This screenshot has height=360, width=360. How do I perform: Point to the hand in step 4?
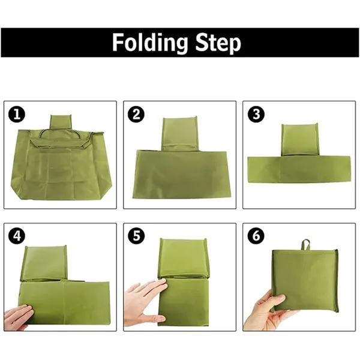coord(18,315)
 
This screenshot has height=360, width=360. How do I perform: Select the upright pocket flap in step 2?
coord(180,133)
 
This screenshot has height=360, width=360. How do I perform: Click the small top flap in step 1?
coord(61,122)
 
